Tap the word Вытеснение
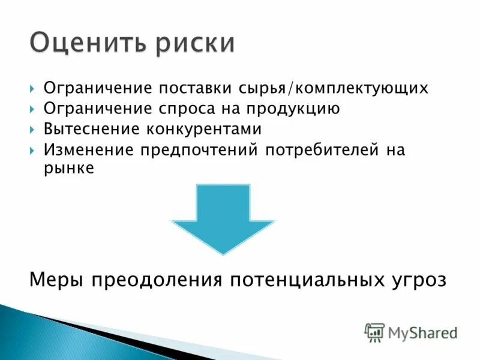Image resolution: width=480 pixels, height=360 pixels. pyautogui.click(x=86, y=129)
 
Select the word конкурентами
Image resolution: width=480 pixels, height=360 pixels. pyautogui.click(x=202, y=129)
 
